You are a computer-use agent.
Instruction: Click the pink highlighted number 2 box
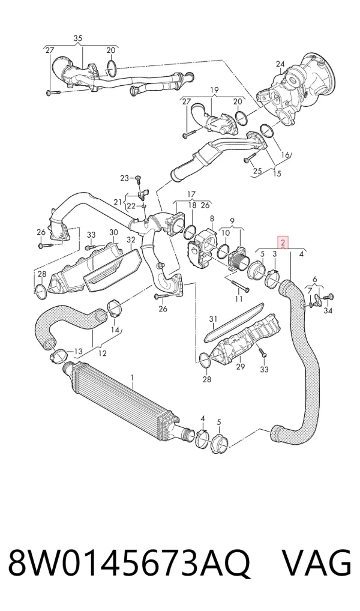tap(283, 242)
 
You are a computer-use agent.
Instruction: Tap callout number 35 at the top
tap(78, 38)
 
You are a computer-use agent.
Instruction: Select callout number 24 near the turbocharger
tap(281, 64)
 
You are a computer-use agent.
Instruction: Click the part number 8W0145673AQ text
tap(128, 564)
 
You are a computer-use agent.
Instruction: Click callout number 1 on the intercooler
tap(133, 378)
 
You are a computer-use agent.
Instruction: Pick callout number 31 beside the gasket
tap(213, 320)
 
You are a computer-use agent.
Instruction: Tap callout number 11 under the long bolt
tap(239, 299)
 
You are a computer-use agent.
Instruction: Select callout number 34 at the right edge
tap(328, 310)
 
